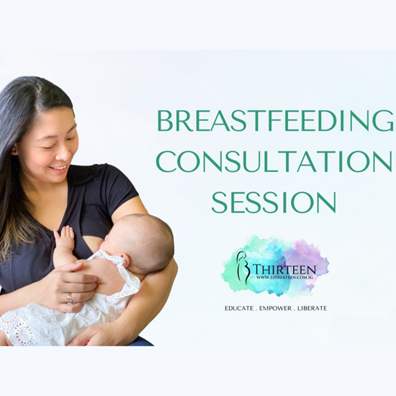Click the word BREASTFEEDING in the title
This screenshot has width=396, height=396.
(x=275, y=121)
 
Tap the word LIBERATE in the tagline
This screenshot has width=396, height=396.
(x=310, y=308)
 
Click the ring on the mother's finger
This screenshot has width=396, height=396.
(x=69, y=297)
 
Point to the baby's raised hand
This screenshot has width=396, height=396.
(x=66, y=238)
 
